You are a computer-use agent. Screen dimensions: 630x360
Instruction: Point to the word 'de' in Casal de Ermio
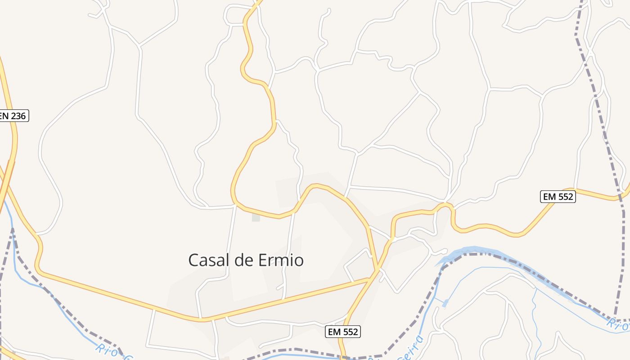243,260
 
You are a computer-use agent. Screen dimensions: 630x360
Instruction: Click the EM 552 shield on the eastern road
558,197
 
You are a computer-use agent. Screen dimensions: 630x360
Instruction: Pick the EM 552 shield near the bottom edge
343,332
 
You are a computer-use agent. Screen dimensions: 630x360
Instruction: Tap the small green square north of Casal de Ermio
256,217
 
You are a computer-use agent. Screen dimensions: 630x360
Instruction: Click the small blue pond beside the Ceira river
445,303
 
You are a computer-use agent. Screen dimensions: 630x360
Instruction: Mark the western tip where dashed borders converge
13,229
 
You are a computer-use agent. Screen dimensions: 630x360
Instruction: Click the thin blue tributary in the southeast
534,315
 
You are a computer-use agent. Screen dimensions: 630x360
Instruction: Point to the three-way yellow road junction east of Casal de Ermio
377,271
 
